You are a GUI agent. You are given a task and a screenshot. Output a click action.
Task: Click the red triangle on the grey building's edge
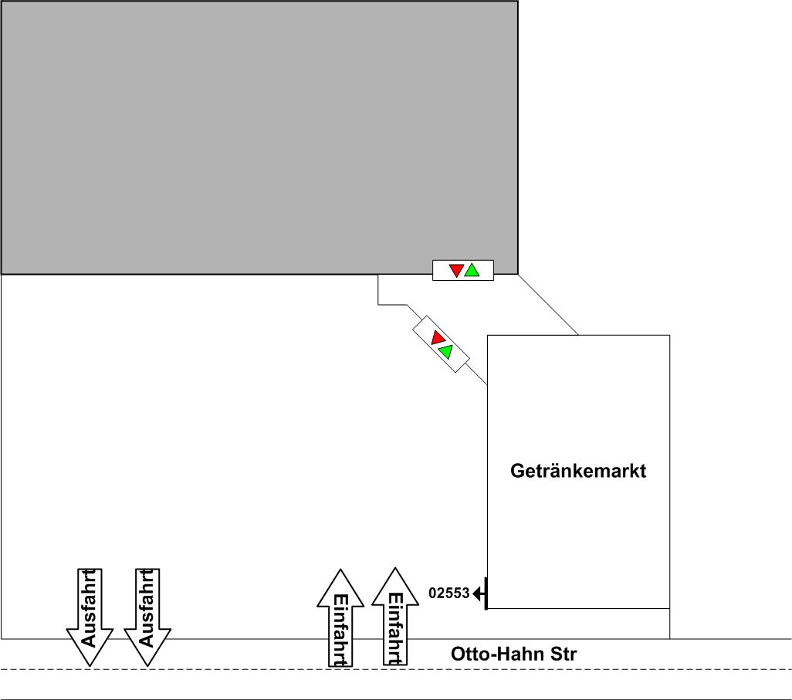[456, 271]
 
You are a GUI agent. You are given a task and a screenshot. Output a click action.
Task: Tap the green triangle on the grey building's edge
[472, 270]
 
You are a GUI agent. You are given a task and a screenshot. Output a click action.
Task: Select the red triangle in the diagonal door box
[438, 338]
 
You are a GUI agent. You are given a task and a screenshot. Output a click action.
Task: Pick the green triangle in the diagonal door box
[445, 352]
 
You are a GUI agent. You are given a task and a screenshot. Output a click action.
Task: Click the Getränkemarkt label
[578, 471]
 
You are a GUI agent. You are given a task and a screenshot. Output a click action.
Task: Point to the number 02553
[448, 593]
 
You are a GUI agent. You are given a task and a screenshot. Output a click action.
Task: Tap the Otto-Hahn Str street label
[513, 655]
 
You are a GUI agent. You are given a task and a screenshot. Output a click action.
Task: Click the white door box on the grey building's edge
[463, 271]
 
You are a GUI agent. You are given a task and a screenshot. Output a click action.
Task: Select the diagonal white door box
[442, 345]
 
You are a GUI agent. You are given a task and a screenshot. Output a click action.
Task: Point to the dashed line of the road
[232, 669]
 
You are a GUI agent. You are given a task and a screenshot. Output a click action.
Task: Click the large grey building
[259, 137]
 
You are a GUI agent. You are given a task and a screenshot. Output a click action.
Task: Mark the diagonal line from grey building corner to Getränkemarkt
[548, 305]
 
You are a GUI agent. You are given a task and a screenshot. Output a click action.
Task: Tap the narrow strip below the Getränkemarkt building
[578, 624]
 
